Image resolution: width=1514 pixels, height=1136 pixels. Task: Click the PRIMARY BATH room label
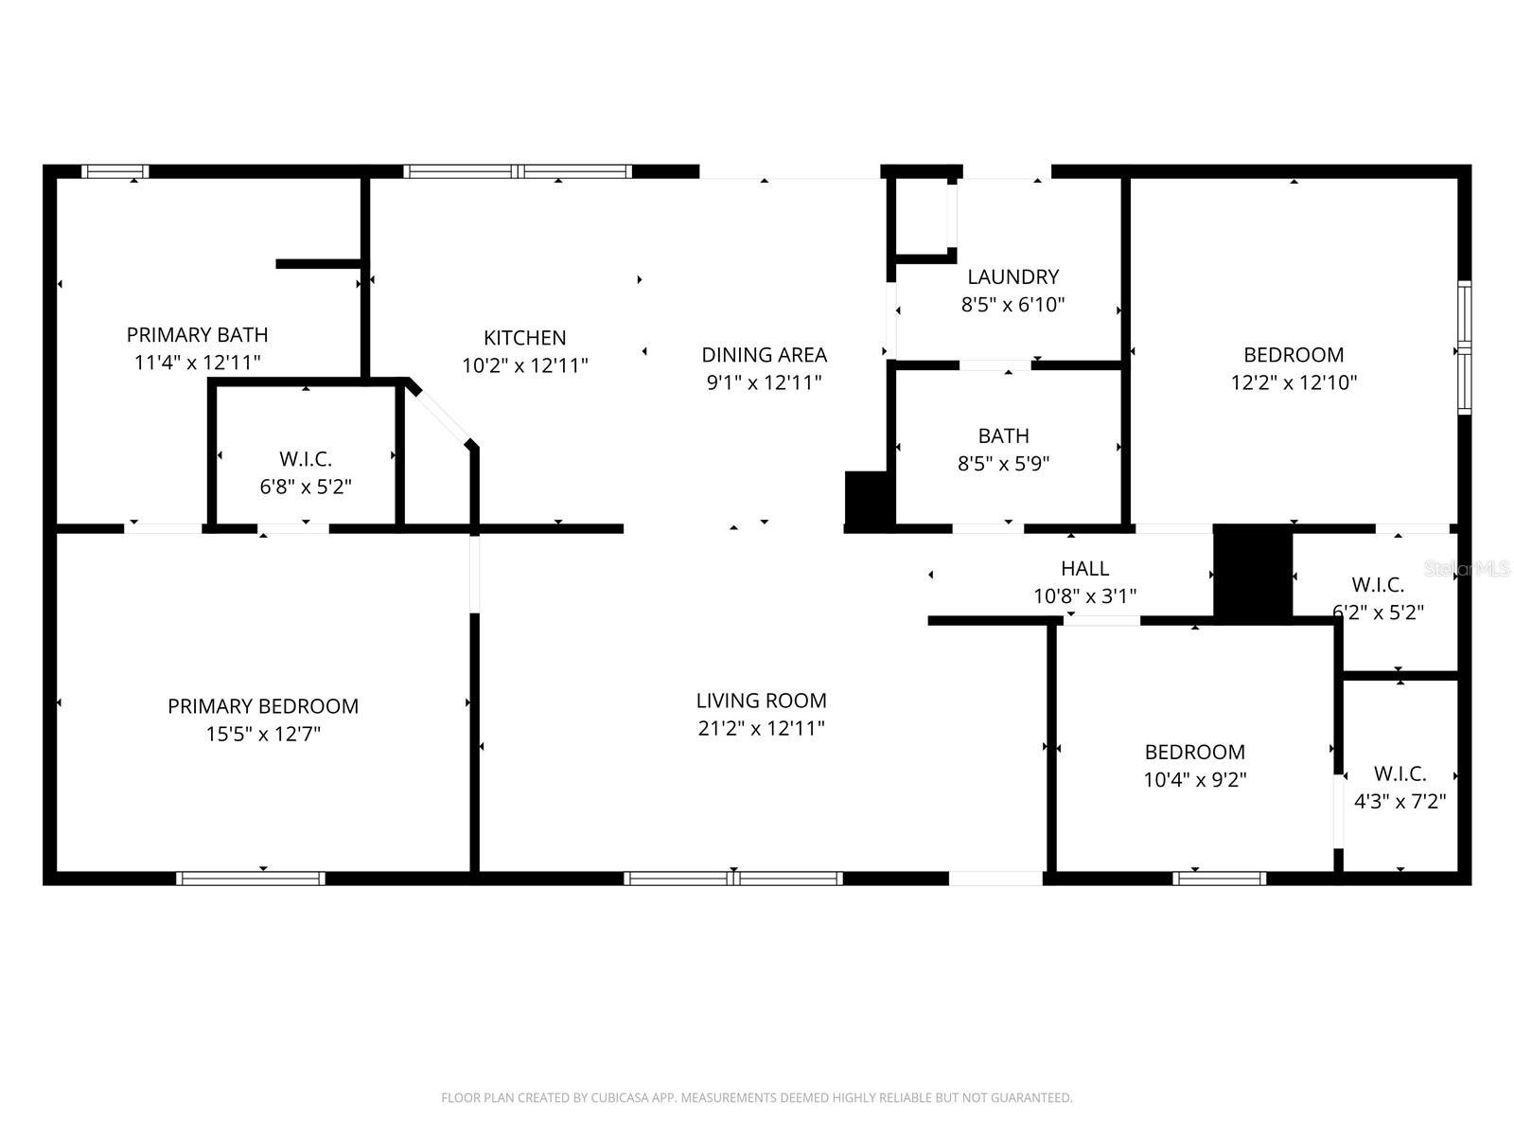pyautogui.click(x=197, y=335)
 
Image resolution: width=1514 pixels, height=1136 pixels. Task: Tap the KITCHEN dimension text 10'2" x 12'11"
pyautogui.click(x=525, y=365)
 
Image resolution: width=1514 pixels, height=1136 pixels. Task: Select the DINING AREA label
pyautogui.click(x=764, y=355)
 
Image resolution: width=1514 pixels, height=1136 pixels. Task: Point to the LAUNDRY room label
pyautogui.click(x=1012, y=276)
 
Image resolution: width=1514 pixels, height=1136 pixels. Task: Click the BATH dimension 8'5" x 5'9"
pyautogui.click(x=1003, y=464)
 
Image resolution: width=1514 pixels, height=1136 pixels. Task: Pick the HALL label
pyautogui.click(x=1084, y=568)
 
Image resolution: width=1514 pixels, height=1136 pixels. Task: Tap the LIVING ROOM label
pyautogui.click(x=761, y=701)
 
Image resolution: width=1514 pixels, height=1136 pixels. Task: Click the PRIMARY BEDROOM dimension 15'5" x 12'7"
pyautogui.click(x=263, y=734)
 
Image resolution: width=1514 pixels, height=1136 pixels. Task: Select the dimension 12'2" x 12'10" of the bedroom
pyautogui.click(x=1294, y=382)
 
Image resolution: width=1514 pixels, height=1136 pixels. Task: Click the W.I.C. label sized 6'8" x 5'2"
pyautogui.click(x=306, y=459)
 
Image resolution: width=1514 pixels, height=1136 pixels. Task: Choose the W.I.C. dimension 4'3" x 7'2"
pyautogui.click(x=1400, y=802)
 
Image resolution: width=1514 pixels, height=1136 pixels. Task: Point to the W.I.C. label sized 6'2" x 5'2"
pyautogui.click(x=1378, y=584)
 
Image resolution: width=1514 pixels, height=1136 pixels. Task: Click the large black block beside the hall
pyautogui.click(x=1252, y=574)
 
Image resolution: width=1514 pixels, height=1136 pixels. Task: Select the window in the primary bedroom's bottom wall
pyautogui.click(x=251, y=879)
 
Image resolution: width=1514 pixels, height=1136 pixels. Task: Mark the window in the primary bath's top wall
pyautogui.click(x=114, y=171)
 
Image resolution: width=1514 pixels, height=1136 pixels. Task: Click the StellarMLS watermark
pyautogui.click(x=1468, y=569)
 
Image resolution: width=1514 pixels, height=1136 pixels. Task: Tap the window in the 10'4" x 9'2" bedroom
pyautogui.click(x=1219, y=879)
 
